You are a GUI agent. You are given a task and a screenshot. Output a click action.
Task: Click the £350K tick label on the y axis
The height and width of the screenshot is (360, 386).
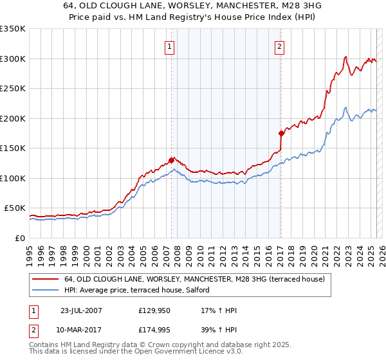[x=13, y=29]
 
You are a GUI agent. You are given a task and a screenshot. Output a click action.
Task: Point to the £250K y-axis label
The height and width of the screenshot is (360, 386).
[x=13, y=89]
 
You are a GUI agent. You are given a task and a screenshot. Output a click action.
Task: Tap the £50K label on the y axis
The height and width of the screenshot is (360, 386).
[x=15, y=208]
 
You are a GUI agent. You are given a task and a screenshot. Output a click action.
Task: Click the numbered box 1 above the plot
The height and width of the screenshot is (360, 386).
[x=169, y=46]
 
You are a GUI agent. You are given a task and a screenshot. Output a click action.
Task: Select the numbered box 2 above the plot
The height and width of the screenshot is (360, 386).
[x=280, y=46]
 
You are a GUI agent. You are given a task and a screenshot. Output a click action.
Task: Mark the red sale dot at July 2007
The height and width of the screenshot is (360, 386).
[x=171, y=160]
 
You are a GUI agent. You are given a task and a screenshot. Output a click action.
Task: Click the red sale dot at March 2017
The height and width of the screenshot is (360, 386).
[x=281, y=133]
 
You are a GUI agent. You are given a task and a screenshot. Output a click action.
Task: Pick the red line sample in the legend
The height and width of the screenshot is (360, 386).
[x=45, y=279]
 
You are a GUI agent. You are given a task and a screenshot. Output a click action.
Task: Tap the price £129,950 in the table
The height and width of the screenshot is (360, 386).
[x=154, y=310]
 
